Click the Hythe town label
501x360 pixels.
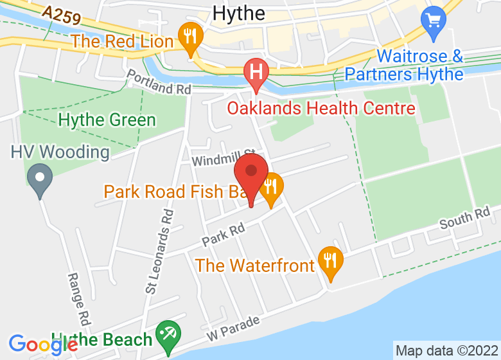(238, 14)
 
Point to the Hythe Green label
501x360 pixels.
(107, 120)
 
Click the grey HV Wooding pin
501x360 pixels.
(40, 177)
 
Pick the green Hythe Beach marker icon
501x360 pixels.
(168, 335)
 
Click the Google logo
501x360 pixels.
(43, 344)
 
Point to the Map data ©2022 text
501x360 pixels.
(446, 351)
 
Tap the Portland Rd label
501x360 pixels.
(159, 83)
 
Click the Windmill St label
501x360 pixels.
(224, 157)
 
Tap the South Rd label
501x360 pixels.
(464, 219)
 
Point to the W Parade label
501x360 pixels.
(233, 328)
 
